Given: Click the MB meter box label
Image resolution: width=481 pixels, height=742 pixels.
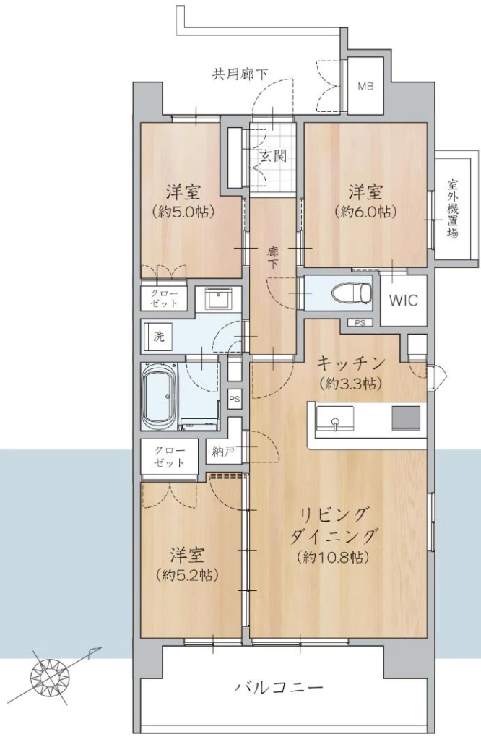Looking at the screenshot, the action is (365, 87).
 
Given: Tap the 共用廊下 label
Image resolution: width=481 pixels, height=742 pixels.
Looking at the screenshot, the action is (240, 74).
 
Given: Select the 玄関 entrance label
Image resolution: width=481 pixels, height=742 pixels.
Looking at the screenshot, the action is (274, 155).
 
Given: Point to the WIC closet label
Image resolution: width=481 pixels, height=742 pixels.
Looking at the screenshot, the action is (404, 300).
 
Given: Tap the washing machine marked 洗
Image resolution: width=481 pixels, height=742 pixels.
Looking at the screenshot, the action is (160, 337).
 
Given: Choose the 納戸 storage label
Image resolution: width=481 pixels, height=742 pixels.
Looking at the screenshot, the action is (223, 452).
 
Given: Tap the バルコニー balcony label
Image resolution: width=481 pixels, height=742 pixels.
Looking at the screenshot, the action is (279, 686).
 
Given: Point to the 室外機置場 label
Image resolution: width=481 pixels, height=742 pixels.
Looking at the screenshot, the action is (453, 208).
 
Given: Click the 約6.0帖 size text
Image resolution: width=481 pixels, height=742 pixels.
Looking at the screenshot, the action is (365, 212).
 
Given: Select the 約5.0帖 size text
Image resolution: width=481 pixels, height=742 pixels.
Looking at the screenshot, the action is (184, 212).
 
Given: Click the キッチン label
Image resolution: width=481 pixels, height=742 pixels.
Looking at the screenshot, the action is (350, 363).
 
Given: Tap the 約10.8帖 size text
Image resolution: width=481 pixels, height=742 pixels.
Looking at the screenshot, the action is (334, 557).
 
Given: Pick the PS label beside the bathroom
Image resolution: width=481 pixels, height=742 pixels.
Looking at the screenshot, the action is (235, 399).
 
